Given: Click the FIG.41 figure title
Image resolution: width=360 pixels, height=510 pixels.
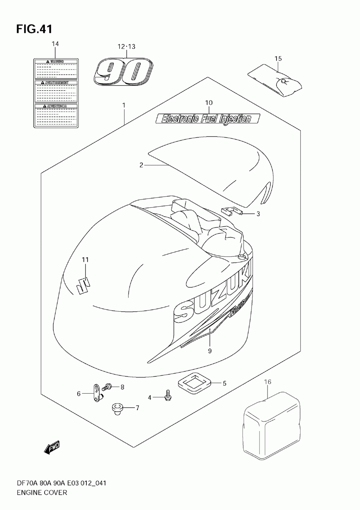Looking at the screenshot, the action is point(34,29).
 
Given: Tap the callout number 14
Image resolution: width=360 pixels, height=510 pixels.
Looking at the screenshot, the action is point(55,44).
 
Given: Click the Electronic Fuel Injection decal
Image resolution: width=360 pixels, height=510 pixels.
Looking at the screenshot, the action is point(208,118).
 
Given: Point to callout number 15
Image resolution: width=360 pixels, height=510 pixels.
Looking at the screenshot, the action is point(278,58).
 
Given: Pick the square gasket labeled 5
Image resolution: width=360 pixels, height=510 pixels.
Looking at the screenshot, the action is point(195,383).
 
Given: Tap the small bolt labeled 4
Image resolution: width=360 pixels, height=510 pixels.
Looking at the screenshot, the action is point(167,396).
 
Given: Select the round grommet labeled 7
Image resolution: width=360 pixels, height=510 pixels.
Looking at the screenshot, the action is point(116,409).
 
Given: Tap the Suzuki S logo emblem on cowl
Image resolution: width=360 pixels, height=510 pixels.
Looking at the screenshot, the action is point(82,285).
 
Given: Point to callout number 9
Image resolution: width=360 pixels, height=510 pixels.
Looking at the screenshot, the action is point(210,350).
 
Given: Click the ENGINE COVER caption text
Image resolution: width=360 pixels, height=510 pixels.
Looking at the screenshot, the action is point(42,492).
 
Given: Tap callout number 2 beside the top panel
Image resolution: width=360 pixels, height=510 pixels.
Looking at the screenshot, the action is point(141,165).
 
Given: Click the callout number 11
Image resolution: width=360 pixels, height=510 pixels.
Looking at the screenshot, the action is point(85,260).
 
